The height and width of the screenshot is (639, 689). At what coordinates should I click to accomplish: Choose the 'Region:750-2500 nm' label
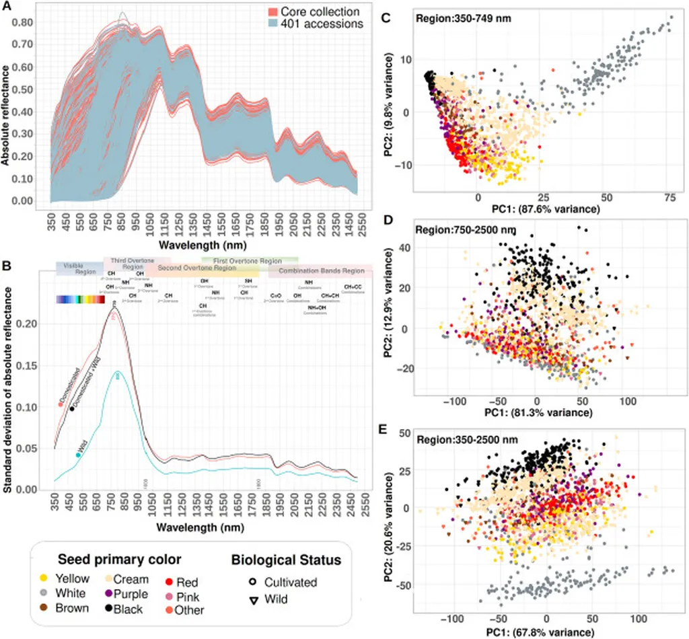coord(464,230)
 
